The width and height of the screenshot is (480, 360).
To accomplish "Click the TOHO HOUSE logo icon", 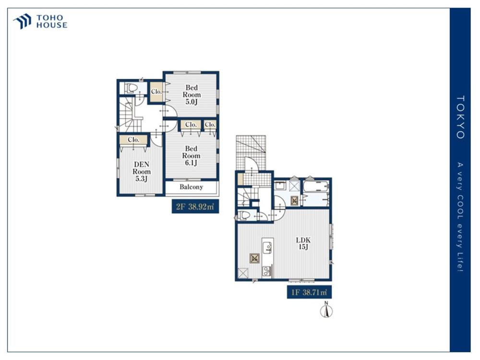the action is click(x=22, y=21).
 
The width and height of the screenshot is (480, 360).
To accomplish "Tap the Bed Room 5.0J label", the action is click(x=192, y=95).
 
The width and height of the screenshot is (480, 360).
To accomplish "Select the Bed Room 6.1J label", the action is click(x=191, y=156).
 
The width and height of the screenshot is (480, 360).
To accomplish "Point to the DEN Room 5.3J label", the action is click(x=142, y=171).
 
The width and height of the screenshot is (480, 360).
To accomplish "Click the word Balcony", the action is click(x=192, y=187).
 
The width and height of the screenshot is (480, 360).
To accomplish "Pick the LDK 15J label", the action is click(x=303, y=243).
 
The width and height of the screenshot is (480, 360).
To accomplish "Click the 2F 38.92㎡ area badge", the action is click(x=195, y=206).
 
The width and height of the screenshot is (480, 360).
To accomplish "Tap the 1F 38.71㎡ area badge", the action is click(x=309, y=292).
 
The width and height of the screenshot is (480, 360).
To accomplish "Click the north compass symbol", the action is click(x=326, y=310).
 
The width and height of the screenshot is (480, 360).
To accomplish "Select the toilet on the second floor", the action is click(x=132, y=88).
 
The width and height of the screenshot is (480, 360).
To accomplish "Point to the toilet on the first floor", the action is click(x=244, y=215).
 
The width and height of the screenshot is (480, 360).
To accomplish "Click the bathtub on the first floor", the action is click(x=316, y=187).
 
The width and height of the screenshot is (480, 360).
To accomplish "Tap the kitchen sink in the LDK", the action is click(x=266, y=247).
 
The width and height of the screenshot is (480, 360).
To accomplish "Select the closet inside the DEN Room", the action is click(x=133, y=140).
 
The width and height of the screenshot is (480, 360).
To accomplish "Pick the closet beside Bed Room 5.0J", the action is click(x=156, y=92).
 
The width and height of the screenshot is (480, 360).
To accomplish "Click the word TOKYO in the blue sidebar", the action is click(x=460, y=117).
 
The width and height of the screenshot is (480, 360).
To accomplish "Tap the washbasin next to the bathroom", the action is click(x=280, y=186).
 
